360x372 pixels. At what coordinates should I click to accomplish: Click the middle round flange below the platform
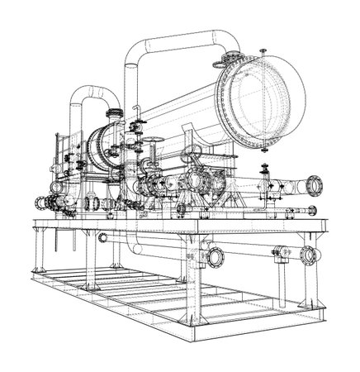(216, 254)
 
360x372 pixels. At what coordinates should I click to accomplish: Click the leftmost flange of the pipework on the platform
(40, 201)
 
